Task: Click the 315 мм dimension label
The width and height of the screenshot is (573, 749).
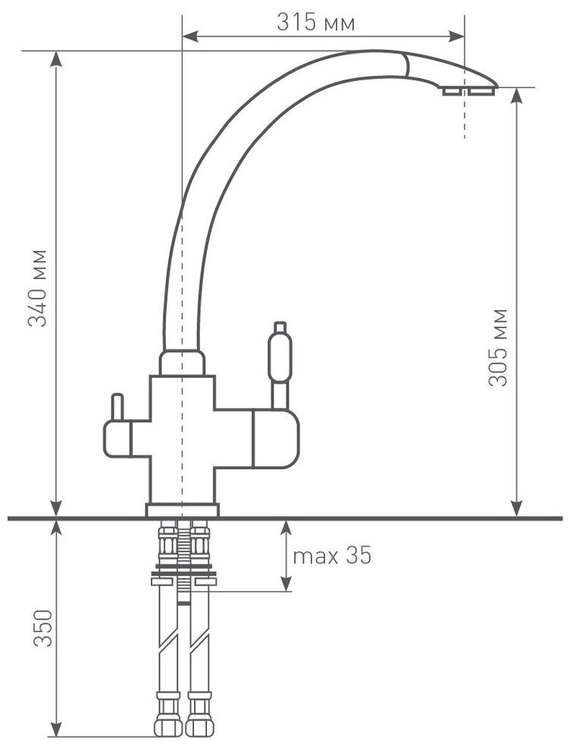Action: (315, 23)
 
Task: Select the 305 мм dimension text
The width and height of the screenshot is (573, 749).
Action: (498, 347)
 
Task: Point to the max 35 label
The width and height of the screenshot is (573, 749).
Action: (332, 556)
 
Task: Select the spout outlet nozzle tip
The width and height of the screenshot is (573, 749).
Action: (467, 90)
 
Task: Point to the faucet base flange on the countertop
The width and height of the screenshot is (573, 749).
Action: (182, 510)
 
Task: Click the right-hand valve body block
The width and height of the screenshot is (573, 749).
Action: (275, 440)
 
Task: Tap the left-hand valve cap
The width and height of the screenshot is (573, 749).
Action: (117, 440)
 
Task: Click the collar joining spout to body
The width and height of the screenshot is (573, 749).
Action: (182, 362)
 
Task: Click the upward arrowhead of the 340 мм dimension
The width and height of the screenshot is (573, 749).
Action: (56, 58)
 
